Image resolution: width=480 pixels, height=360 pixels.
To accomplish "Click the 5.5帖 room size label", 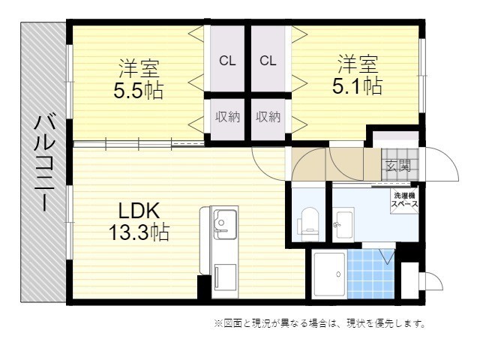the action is pos(138,91).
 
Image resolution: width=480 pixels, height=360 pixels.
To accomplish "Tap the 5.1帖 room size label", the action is pos(357,86).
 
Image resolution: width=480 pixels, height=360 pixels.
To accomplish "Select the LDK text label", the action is pos(139,211).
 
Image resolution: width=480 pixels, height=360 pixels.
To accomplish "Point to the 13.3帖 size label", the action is pos(139,232).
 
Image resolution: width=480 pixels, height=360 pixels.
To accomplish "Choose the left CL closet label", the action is pos(227,61).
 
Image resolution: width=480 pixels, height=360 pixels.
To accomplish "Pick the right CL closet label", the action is pos(268,61).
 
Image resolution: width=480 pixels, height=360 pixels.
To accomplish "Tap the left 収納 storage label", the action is pos(227,117).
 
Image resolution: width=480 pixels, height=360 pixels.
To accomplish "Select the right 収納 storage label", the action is pos(268,117).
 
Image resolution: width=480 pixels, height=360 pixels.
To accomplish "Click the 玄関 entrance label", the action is pos(398,166).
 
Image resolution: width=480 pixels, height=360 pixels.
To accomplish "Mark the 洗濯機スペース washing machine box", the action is pos(405,200).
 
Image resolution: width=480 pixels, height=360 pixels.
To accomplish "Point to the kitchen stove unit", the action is pos(225,277).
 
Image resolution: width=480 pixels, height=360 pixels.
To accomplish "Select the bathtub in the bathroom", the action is pos(330,274).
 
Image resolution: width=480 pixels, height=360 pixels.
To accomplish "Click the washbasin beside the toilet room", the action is pos(343,223).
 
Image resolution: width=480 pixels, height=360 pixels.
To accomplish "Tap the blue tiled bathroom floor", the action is pos(371,274).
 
